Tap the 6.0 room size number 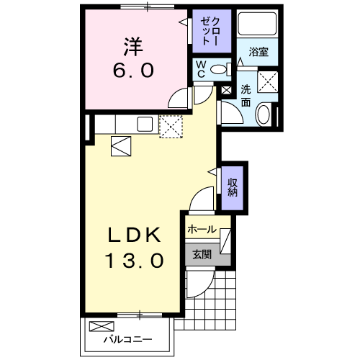(x=131, y=72)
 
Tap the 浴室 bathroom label (x=259, y=53)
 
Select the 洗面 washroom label (x=246, y=96)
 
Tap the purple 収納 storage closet (x=233, y=186)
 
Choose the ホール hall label (x=201, y=230)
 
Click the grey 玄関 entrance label (x=202, y=253)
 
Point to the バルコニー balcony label (x=127, y=338)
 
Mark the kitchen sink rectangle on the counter (x=145, y=124)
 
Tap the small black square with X (x=227, y=91)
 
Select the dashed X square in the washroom (x=269, y=81)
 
